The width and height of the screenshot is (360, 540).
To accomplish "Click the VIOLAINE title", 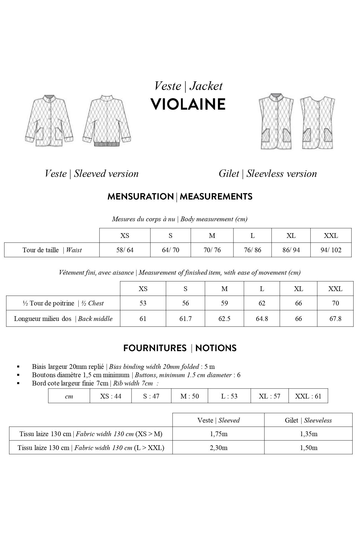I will point(188,104).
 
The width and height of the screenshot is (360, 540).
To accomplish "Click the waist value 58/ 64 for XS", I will point(125,250).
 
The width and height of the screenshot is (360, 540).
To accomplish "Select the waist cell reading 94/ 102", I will point(331,250).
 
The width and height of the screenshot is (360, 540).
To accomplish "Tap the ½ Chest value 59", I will point(224,303).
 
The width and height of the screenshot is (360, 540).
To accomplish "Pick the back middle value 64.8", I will point(262,319).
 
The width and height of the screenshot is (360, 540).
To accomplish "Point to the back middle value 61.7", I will point(185,319).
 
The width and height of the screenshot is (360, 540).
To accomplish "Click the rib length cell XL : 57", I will point(269,396).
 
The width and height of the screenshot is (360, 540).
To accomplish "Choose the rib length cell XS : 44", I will point(110,396).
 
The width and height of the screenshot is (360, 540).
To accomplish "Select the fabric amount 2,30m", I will point(218,448).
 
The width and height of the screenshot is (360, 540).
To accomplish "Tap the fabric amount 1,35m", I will point(308,434).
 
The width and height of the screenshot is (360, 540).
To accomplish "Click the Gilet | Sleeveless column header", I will point(308,420).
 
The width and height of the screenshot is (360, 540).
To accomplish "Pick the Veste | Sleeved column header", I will point(218,420).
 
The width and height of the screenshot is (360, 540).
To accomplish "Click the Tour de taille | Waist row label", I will point(52,250).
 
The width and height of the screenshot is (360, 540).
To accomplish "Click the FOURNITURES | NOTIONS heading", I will point(180,348).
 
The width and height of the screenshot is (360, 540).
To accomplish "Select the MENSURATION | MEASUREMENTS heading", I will point(180,197).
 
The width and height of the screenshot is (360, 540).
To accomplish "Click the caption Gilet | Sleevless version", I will point(268,174).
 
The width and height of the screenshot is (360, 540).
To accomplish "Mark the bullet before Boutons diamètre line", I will point(18,375).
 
